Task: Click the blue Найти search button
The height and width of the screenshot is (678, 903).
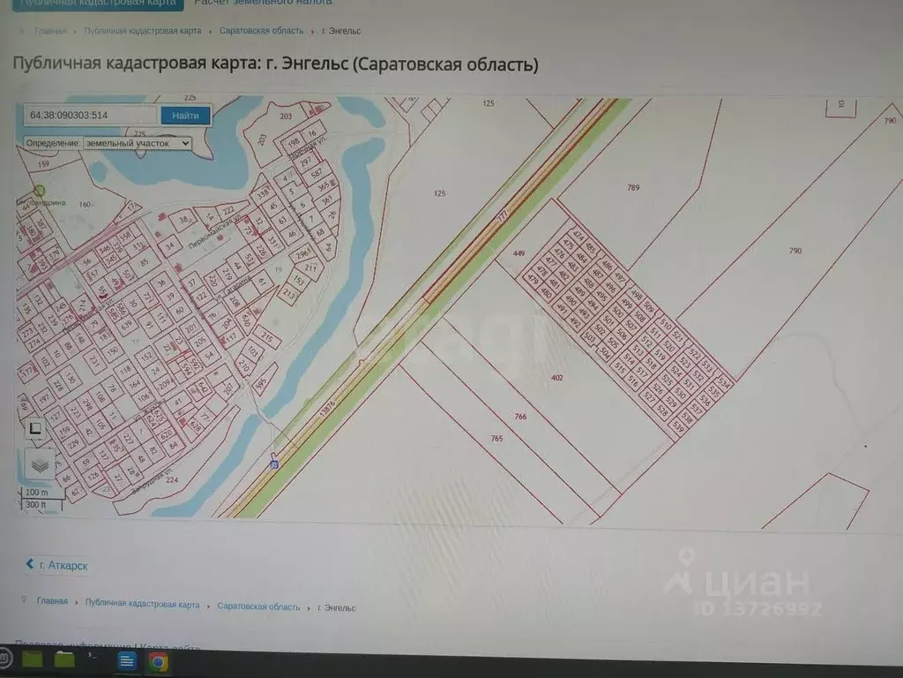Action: pyautogui.click(x=185, y=116)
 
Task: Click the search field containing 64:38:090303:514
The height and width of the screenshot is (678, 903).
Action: pyautogui.click(x=91, y=116)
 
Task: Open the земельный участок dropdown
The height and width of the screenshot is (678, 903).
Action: pyautogui.click(x=137, y=143)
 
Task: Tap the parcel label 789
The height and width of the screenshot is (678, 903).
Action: pyautogui.click(x=633, y=187)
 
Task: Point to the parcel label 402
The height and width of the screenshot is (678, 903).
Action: pyautogui.click(x=556, y=378)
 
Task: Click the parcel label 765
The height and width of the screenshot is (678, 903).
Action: pyautogui.click(x=496, y=438)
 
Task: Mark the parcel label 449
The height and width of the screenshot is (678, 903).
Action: pyautogui.click(x=519, y=253)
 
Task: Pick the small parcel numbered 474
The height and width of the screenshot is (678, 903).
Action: pyautogui.click(x=578, y=235)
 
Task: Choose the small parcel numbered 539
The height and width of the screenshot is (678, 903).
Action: pyautogui.click(x=678, y=426)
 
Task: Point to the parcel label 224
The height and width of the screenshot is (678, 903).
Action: pyautogui.click(x=147, y=480)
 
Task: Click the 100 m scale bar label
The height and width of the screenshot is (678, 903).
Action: pyautogui.click(x=37, y=492)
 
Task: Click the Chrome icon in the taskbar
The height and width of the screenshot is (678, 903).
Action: pyautogui.click(x=158, y=660)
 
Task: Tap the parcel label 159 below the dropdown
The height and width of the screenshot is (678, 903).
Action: pyautogui.click(x=43, y=163)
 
